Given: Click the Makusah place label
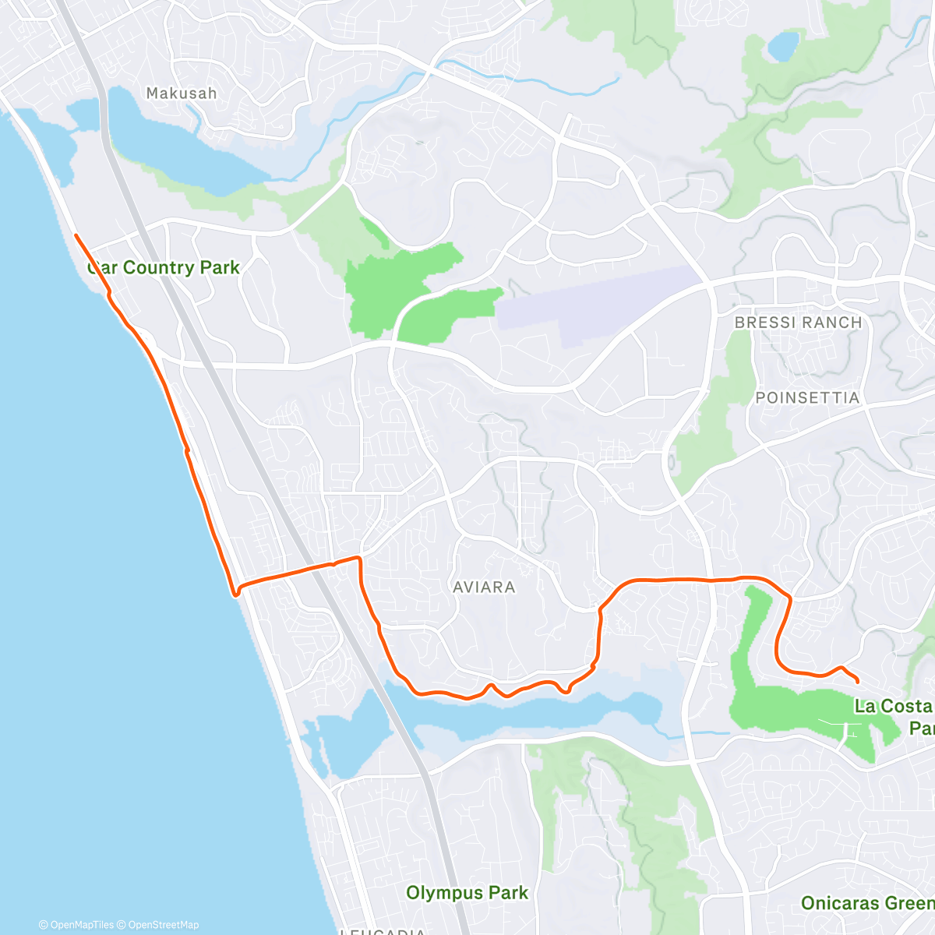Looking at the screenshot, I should pos(182,93).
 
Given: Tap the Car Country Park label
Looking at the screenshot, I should pos(164,267).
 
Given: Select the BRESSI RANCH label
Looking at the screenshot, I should pos(798,323).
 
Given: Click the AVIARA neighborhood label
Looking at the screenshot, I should pos(484,587).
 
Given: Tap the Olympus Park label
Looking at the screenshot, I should pos(467,893).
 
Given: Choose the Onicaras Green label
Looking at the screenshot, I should pos(866,903).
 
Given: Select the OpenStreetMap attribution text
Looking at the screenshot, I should pos(163,925).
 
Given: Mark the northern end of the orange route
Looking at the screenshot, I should pos(76,235).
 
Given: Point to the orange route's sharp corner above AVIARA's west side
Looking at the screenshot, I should pos(359,558).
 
